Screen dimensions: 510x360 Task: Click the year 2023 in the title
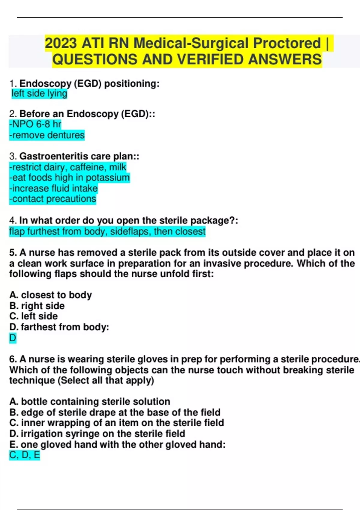click(61, 43)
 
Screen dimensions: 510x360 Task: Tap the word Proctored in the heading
click(287, 43)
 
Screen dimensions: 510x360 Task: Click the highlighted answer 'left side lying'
click(39, 94)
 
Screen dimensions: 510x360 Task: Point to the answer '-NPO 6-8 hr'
click(35, 124)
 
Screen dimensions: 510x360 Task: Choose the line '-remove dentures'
click(47, 135)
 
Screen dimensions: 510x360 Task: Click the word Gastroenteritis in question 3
click(54, 156)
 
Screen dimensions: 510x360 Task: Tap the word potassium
click(108, 178)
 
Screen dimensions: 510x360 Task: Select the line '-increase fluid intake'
click(53, 188)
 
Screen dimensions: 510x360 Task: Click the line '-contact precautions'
click(53, 199)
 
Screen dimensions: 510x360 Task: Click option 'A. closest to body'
click(50, 295)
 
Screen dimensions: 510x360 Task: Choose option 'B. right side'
click(37, 306)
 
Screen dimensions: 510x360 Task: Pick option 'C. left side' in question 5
click(33, 316)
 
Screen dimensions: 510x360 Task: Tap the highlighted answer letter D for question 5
click(13, 338)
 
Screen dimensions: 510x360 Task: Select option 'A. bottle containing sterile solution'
click(90, 401)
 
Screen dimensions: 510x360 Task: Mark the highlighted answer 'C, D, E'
click(25, 455)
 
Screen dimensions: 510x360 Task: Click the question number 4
click(13, 220)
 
